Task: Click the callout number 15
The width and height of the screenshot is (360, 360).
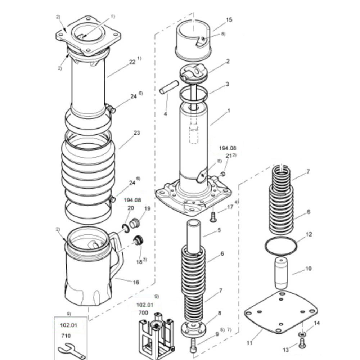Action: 229,20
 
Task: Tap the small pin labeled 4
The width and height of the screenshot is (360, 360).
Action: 169,87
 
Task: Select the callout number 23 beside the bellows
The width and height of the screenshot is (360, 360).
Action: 136,133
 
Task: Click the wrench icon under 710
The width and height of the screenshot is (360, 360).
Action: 72,351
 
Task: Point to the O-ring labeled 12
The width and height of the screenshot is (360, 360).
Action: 280,246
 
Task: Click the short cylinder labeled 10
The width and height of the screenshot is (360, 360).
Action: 281,273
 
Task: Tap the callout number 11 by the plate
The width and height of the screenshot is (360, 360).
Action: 249,343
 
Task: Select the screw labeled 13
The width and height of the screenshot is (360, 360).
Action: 302,343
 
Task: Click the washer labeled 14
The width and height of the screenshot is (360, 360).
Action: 302,333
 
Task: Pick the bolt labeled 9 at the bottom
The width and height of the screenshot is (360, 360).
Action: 193,346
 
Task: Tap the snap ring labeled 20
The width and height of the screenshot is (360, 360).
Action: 126,229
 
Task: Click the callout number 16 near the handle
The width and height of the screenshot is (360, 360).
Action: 136,282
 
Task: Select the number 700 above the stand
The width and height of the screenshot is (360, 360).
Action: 143,313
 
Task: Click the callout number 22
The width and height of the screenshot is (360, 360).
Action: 132,62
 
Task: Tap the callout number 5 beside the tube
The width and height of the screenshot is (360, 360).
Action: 219,230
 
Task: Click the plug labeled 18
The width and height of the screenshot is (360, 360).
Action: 138,240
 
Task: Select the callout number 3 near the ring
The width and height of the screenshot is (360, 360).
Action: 227,84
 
